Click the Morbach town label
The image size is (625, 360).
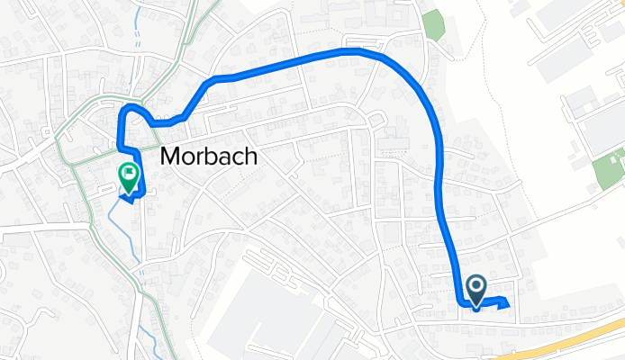pyautogui.click(x=208, y=157)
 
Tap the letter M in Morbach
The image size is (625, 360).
pyautogui.click(x=169, y=157)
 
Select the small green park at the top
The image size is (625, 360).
pyautogui.click(x=435, y=25)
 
